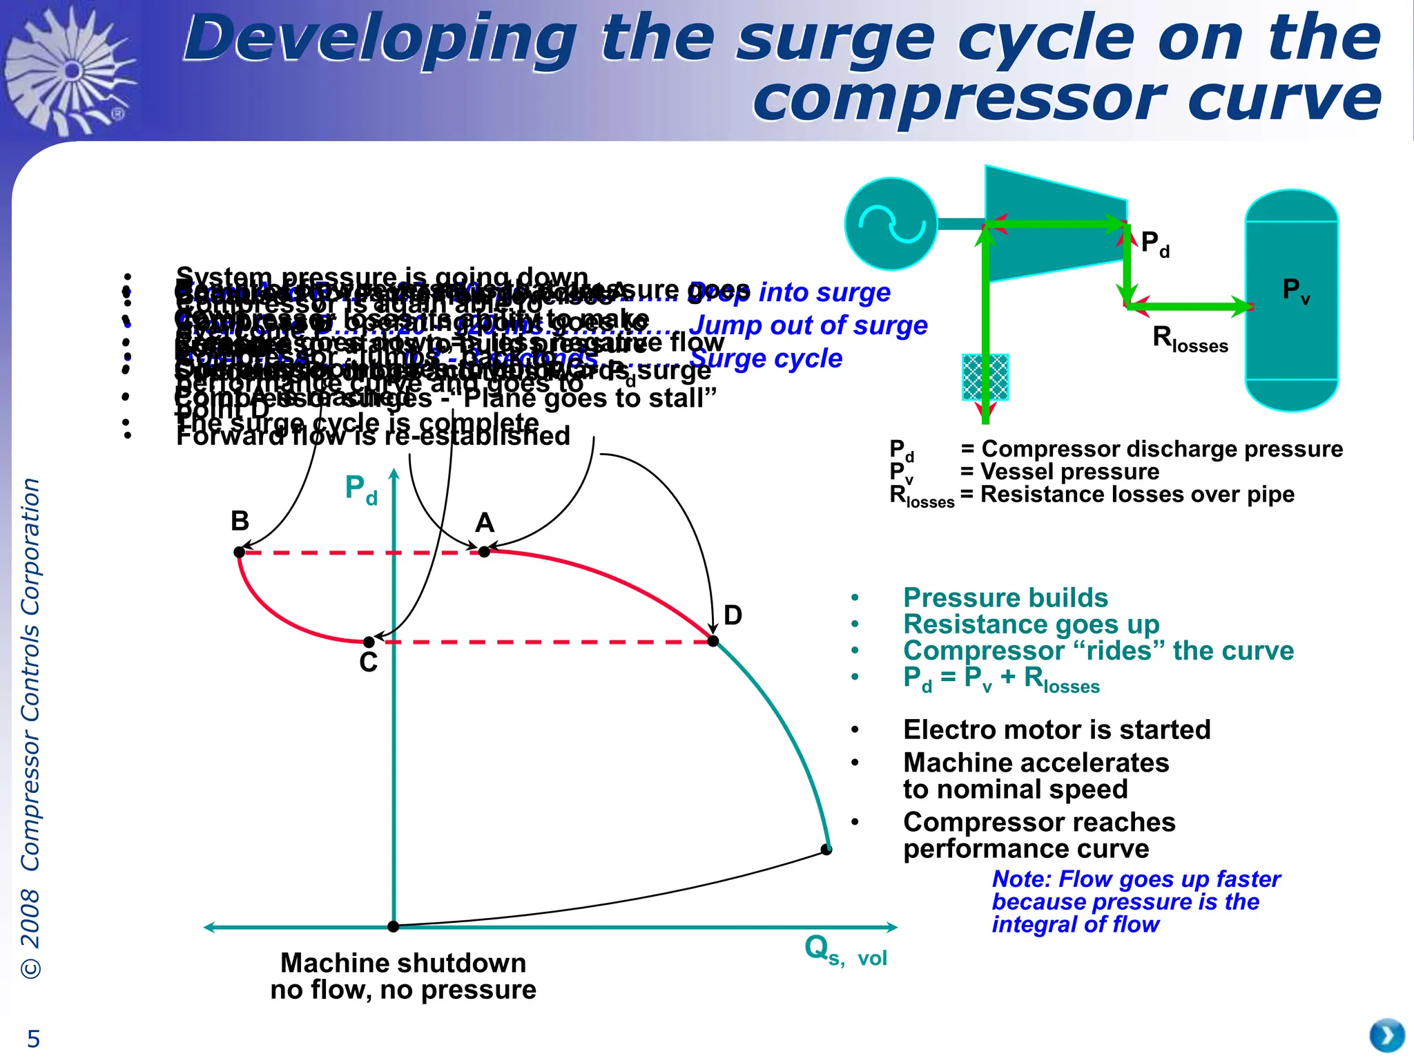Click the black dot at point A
(484, 551)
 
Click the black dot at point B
(239, 552)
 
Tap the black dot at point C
(369, 642)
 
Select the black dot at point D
(713, 641)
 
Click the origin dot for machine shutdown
(393, 926)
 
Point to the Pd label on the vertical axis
(360, 489)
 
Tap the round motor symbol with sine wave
(891, 224)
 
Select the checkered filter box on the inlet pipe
(985, 377)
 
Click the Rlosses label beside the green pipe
(1190, 339)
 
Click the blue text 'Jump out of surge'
(808, 325)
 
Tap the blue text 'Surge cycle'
(766, 358)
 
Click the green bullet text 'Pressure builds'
(1005, 598)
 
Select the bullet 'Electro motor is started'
(1056, 729)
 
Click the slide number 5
(33, 1038)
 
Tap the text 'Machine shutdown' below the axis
(403, 962)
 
